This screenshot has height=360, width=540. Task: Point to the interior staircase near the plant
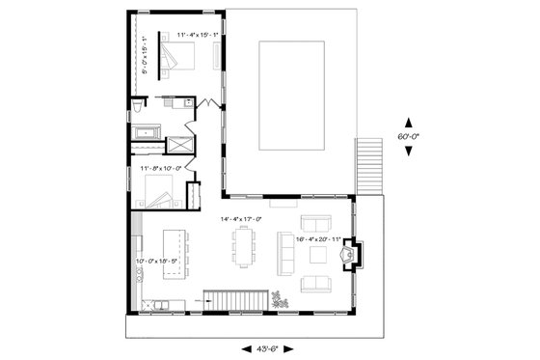click(x=235, y=302)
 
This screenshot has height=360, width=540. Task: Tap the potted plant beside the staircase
click(x=281, y=300)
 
